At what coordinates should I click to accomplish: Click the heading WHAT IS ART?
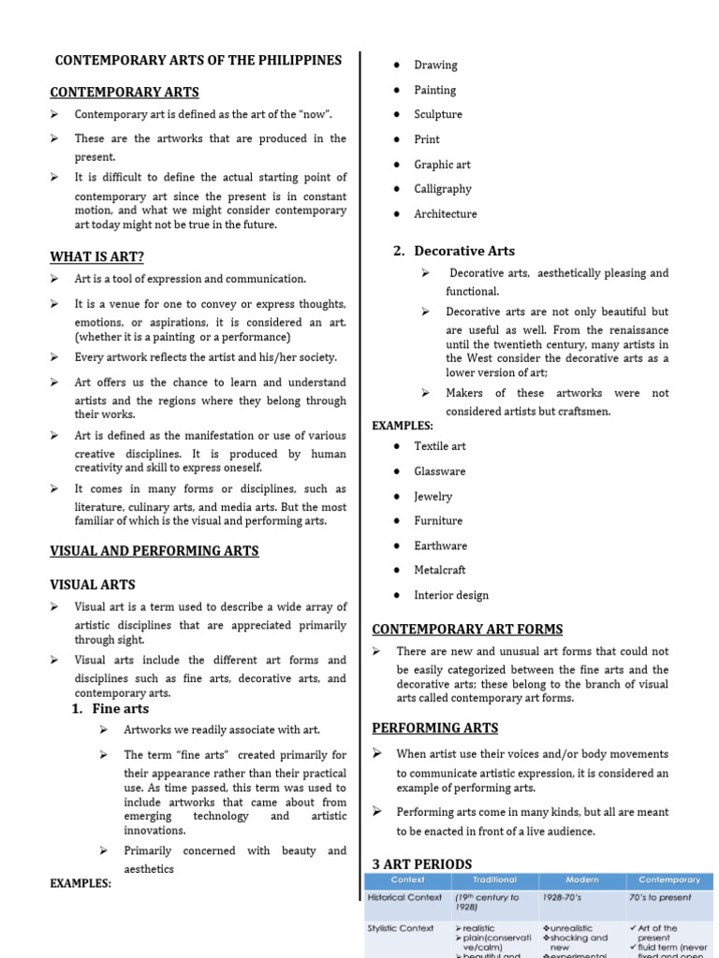pyautogui.click(x=96, y=257)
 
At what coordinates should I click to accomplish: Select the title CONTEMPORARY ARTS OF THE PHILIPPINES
pyautogui.click(x=198, y=60)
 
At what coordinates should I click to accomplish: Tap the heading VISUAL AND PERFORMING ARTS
pyautogui.click(x=154, y=551)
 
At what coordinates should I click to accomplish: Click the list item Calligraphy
pyautogui.click(x=443, y=189)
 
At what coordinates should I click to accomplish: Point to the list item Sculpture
pyautogui.click(x=438, y=114)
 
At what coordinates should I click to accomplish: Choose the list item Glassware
pyautogui.click(x=440, y=472)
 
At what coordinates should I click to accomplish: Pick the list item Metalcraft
pyautogui.click(x=440, y=570)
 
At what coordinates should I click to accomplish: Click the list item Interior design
pyautogui.click(x=451, y=595)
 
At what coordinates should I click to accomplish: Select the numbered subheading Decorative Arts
pyautogui.click(x=463, y=251)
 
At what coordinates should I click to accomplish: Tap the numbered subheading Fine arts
pyautogui.click(x=120, y=709)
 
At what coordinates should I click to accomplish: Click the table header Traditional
pyautogui.click(x=494, y=880)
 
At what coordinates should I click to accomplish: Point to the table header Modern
pyautogui.click(x=582, y=880)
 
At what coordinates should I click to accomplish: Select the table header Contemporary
pyautogui.click(x=669, y=880)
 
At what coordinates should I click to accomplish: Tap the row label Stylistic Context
pyautogui.click(x=401, y=929)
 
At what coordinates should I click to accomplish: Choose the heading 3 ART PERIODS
pyautogui.click(x=422, y=864)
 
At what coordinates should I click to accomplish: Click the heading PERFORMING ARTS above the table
pyautogui.click(x=435, y=728)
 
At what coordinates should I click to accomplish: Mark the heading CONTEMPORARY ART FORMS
pyautogui.click(x=467, y=630)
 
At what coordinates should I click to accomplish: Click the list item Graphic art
pyautogui.click(x=443, y=165)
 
